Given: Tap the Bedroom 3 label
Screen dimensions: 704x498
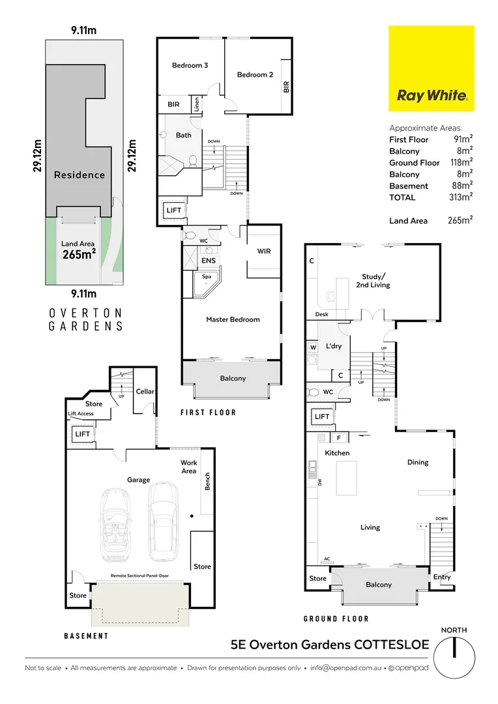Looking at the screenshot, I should point(190,65).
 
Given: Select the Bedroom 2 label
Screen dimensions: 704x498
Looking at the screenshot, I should point(255,75).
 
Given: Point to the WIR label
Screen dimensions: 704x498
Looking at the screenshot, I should point(264,251).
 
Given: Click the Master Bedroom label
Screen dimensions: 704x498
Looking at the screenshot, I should point(233,319).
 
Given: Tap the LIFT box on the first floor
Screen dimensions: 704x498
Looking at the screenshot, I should point(174,211).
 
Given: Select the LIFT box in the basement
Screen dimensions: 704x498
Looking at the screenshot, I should point(82,433).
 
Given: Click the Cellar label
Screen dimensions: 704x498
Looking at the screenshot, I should point(145,391).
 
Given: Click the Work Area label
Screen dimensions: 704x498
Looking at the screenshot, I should point(189,467).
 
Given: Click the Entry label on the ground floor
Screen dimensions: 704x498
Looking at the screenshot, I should point(441,578).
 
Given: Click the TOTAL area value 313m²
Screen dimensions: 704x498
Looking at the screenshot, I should point(459,197).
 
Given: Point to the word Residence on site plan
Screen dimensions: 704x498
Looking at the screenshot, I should point(80,175).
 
